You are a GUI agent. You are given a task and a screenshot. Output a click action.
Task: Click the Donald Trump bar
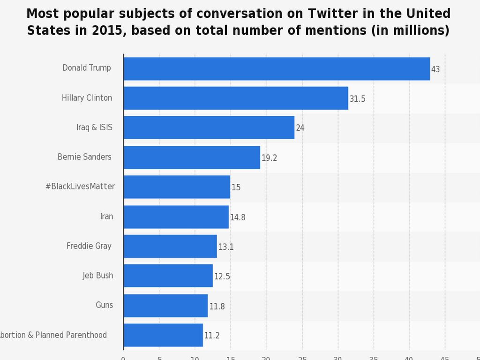coord(277,69)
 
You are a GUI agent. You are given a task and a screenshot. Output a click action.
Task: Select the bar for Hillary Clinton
coord(236,98)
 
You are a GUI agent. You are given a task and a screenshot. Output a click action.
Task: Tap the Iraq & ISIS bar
coord(209,127)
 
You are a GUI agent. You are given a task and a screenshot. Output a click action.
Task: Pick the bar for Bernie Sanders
coord(192,157)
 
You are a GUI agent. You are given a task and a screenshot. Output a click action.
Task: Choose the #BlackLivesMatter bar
coord(177,187)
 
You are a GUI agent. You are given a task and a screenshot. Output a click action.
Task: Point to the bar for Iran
coord(176,217)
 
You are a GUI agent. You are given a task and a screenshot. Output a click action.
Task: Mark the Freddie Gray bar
coord(170,246)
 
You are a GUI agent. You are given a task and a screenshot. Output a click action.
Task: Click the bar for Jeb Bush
coord(168,276)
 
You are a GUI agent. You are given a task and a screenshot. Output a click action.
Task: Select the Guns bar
coord(165,306)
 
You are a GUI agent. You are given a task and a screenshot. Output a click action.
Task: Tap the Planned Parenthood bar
coord(163,335)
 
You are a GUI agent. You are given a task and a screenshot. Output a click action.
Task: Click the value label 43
coord(435,69)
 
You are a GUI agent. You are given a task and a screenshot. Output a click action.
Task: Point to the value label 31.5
coord(357,99)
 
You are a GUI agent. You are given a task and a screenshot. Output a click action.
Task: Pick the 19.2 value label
coord(269,158)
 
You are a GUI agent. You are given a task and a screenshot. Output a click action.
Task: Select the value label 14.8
coord(238,217)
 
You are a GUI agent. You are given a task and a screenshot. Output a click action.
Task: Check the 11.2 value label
coord(212,336)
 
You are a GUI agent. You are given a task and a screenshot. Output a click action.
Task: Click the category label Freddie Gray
coord(89,246)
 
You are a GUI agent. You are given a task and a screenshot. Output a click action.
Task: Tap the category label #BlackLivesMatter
coord(80,186)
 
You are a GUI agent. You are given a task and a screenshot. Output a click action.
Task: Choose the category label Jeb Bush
coord(98,275)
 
